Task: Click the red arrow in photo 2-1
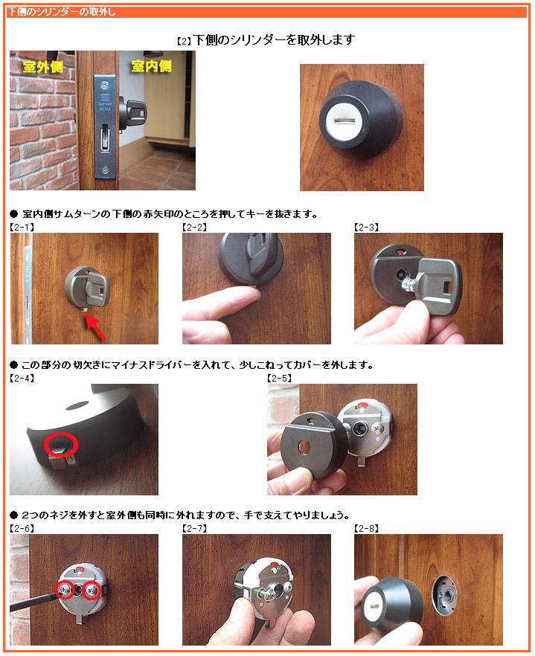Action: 95,327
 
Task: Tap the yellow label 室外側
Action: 42,66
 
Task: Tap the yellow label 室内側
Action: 151,65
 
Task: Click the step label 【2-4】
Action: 22,378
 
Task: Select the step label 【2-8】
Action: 366,528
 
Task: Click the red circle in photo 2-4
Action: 61,444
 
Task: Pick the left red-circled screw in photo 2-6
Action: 65,590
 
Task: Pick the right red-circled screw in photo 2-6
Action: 92,591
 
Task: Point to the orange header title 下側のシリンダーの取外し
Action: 62,12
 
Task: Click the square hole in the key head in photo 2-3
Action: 447,287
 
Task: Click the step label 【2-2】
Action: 195,227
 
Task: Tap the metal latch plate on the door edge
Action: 105,126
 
